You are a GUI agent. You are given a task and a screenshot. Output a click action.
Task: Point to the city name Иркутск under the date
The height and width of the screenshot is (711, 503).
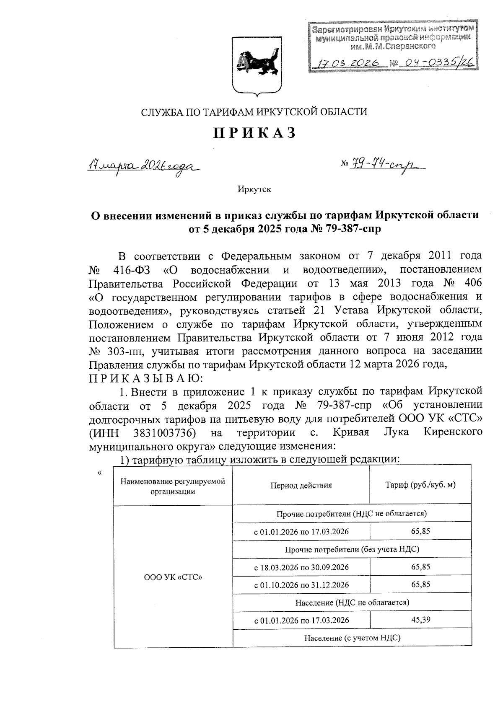254,189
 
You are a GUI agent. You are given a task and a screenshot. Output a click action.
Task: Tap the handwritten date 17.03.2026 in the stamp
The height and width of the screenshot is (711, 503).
347,64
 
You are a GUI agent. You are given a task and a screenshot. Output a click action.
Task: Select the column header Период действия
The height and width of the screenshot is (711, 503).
301,485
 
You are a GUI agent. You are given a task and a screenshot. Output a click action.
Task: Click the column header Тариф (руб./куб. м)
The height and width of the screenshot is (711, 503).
420,485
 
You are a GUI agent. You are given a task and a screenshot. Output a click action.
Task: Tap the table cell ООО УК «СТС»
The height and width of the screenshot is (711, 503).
173,577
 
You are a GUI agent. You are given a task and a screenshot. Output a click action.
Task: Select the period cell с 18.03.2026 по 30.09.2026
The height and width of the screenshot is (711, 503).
301,567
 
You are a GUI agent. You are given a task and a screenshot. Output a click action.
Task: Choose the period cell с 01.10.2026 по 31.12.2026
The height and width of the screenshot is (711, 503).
301,585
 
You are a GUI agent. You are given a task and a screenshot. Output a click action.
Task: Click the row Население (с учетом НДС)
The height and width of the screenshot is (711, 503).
352,638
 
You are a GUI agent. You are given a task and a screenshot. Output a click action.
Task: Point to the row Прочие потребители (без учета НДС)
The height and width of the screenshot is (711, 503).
352,549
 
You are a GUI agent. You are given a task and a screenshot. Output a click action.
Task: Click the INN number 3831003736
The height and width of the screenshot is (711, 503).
166,432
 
